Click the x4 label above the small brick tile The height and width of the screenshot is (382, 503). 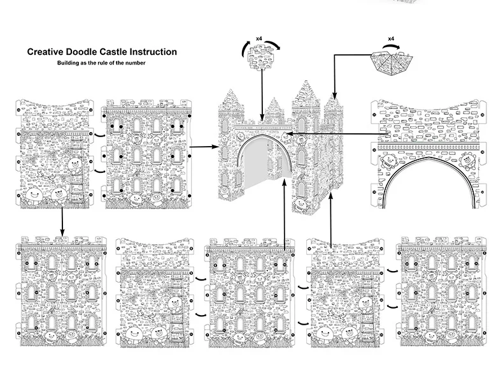[x=259, y=40]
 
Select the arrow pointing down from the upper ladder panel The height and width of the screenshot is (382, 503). [x=62, y=220]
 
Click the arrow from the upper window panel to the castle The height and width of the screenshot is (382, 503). [x=203, y=147]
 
